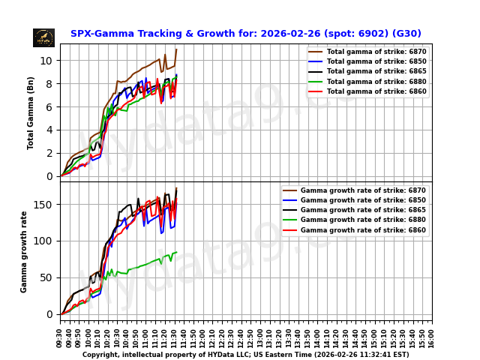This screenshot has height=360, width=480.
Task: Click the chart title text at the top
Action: click(x=246, y=34)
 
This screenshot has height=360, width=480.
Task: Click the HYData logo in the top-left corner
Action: click(x=43, y=37)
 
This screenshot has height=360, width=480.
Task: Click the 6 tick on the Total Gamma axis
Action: click(x=51, y=107)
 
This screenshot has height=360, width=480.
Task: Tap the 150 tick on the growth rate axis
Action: click(x=46, y=205)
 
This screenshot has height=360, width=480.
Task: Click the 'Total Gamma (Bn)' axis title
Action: click(x=31, y=112)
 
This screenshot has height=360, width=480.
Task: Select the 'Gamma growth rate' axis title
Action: click(x=24, y=251)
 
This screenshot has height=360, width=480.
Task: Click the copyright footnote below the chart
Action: click(x=246, y=355)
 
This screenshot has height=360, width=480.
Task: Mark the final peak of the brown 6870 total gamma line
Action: click(x=176, y=49)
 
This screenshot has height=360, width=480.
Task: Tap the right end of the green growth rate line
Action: click(x=176, y=253)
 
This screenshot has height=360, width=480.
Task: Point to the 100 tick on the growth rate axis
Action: click(x=46, y=241)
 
